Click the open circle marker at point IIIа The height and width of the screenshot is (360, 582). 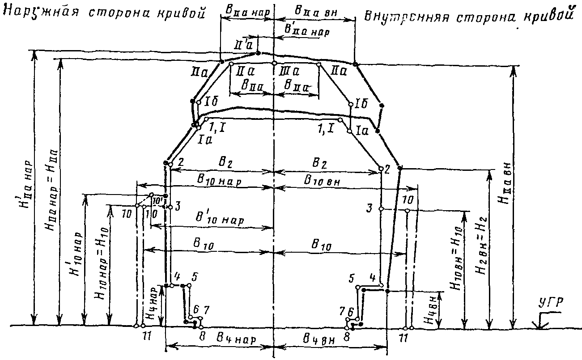tap(274, 64)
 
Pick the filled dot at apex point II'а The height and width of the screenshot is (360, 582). tap(258, 53)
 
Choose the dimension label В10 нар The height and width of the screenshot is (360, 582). tap(220, 182)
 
